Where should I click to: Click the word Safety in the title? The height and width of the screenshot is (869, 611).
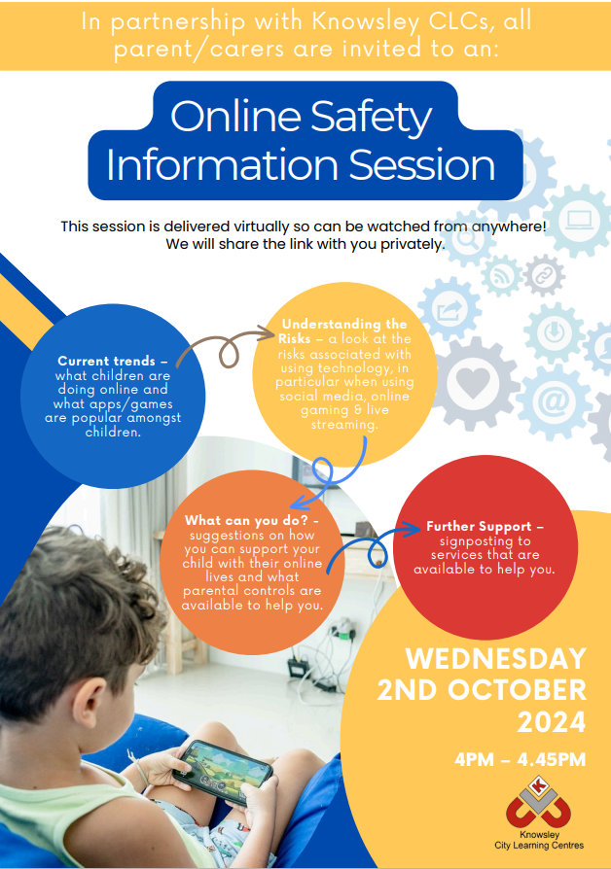click(371, 117)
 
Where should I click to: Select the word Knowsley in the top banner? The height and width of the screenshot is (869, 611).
click(365, 22)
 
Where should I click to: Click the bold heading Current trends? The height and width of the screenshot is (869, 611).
click(107, 361)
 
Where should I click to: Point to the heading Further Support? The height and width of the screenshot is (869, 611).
click(479, 527)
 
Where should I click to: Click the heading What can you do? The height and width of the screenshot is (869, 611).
click(246, 520)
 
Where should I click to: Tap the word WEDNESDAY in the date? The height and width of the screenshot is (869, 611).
click(495, 658)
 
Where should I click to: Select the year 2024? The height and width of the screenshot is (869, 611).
click(551, 721)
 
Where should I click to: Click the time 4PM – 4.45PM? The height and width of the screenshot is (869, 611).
click(520, 759)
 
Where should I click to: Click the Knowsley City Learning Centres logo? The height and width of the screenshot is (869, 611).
click(539, 813)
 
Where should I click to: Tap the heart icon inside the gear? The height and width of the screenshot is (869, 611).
click(473, 382)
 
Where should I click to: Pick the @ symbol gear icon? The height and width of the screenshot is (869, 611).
click(554, 400)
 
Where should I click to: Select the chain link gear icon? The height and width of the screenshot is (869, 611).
click(544, 275)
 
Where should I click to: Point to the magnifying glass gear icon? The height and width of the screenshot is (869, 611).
click(467, 239)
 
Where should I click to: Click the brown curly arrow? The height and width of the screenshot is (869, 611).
click(224, 347)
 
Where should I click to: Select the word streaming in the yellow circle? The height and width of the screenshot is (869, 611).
click(344, 425)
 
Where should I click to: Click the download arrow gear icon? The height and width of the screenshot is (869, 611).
click(554, 332)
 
